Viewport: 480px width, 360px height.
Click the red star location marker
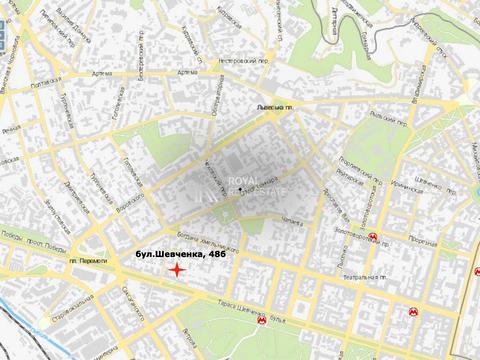point(176,270)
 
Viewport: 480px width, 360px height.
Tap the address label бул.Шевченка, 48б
point(173,256)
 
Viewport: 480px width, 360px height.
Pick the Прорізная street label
point(424,238)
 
